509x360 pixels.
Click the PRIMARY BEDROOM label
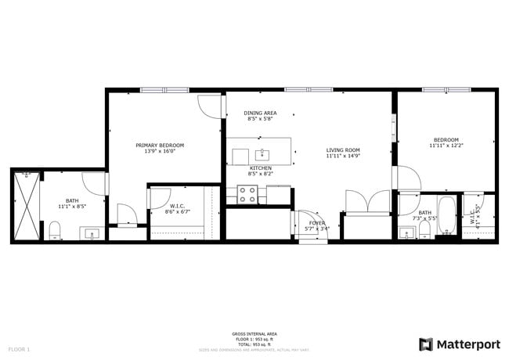coord(160,145)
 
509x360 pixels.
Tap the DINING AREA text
coord(259,113)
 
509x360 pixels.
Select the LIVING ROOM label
coord(342,149)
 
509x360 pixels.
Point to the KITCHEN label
coord(260,168)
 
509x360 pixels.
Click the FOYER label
coord(316,223)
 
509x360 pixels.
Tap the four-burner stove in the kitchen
coord(248,194)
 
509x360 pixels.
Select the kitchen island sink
coord(262,153)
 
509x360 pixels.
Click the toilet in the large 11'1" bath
coord(55,230)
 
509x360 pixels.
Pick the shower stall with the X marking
coord(26,206)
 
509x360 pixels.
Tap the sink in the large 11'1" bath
coord(90,233)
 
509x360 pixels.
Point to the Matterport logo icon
coord(426,344)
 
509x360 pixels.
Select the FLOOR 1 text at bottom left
coord(19,348)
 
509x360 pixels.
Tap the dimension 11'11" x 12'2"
coord(446,146)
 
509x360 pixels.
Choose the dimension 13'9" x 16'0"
coord(160,151)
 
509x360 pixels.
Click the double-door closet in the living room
coord(366,203)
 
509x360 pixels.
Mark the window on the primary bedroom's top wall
coord(164,90)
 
